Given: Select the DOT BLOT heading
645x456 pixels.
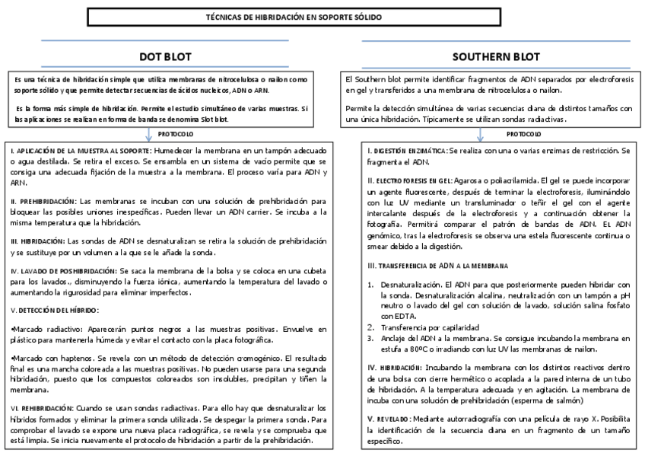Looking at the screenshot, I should [165, 57].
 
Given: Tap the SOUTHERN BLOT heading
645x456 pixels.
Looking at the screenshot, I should [485, 57].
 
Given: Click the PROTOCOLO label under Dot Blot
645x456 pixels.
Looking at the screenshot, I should [175, 133].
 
